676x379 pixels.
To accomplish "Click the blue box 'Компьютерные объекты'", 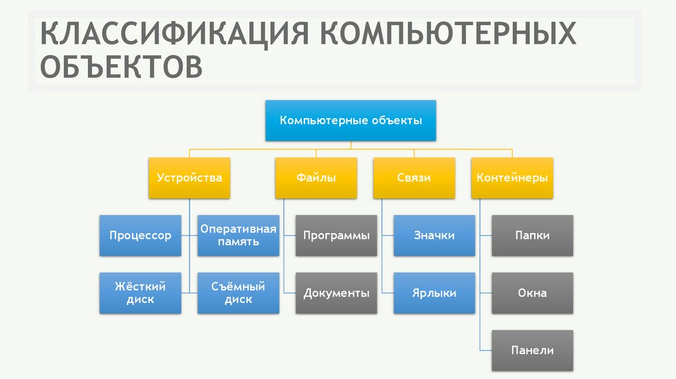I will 351,121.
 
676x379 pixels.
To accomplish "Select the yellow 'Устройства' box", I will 189,178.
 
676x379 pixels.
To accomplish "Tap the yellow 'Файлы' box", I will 316,178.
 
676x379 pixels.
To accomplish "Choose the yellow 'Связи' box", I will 414,178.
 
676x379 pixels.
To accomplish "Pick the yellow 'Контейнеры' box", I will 512,178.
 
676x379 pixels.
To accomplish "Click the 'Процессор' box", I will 140,236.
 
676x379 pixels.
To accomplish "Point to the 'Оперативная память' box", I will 238,236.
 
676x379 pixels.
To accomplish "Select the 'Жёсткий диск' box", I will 140,293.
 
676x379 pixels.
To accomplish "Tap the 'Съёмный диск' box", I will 238,293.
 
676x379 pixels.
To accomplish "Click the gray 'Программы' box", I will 336,236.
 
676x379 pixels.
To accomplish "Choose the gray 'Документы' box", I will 336,293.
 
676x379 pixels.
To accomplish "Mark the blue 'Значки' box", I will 434,236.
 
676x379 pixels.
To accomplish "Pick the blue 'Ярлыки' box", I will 434,293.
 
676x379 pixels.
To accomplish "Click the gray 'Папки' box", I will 533,236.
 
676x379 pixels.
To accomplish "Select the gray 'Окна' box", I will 533,293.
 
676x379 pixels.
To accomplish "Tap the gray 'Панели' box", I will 533,351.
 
